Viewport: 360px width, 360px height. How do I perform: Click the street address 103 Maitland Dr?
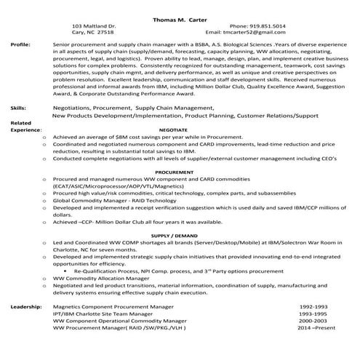pyautogui.click(x=94, y=26)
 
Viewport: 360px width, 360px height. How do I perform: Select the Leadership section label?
pyautogui.click(x=25, y=308)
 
